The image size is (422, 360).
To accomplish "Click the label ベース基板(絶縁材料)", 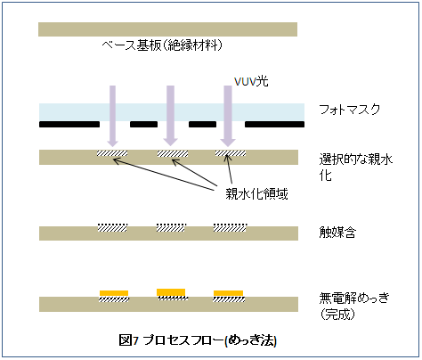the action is tap(162, 45).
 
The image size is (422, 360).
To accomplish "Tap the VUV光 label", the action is tap(251, 81).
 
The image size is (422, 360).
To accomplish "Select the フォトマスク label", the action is tap(349, 110).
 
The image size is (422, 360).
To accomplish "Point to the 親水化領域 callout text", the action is tap(256, 194).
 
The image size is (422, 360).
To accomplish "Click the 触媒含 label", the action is tap(337, 233).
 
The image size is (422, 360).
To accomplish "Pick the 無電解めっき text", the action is tap(354, 298).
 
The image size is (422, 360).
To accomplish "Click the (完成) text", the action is tap(337, 314).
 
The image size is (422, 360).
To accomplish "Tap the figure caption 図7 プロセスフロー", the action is tap(171, 340).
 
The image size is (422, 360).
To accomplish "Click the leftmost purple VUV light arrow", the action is tap(112, 116).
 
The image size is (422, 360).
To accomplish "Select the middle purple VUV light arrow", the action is tap(170, 116).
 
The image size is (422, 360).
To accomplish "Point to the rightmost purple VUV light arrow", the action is tap(228, 116).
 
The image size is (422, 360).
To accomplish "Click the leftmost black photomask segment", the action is tap(69, 124).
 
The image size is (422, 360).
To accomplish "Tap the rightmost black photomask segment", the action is tap(274, 124).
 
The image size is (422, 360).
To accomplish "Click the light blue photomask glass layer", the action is tap(172, 112).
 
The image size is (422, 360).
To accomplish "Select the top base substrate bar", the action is tap(167, 29).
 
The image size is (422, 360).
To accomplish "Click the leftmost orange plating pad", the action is tap(114, 293).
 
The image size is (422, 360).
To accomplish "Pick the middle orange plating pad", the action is tap(171, 292).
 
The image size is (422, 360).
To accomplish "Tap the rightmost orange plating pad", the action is tap(228, 293).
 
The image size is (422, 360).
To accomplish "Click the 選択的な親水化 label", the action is tap(355, 168).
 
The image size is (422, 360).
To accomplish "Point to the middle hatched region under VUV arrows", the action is tap(173, 153).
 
